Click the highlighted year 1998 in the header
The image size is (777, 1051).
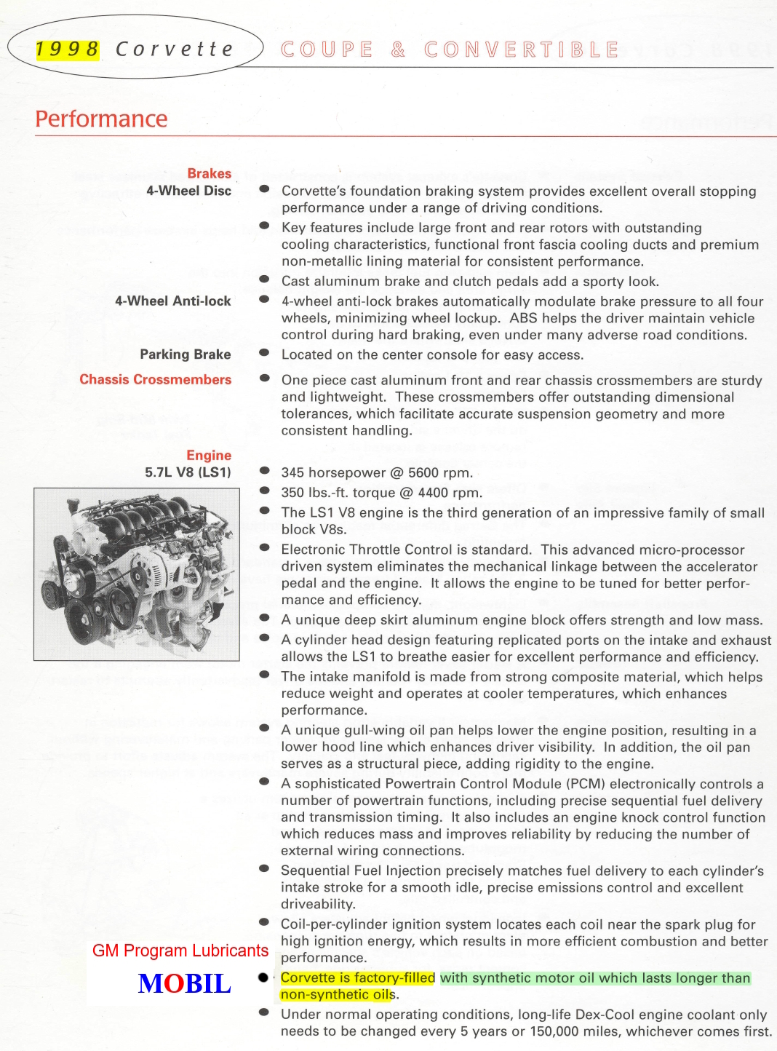coord(68,49)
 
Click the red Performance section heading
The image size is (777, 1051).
coord(101,119)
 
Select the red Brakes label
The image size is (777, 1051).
coord(209,173)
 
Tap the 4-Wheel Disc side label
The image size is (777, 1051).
coord(188,191)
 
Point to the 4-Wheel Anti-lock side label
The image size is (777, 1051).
coord(172,301)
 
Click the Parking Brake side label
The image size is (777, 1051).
coord(185,354)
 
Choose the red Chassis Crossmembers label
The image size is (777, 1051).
coord(155,379)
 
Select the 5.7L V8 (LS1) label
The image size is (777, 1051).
coord(188,472)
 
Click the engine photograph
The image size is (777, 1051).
coord(137,574)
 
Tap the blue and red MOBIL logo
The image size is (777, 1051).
coord(185,983)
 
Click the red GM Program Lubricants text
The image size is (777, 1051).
coord(180,951)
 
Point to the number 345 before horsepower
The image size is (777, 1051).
coord(294,472)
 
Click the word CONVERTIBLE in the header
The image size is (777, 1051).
coord(522,49)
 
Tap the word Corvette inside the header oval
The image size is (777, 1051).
coord(175,49)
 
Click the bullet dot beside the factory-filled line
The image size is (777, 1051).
coord(263,977)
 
